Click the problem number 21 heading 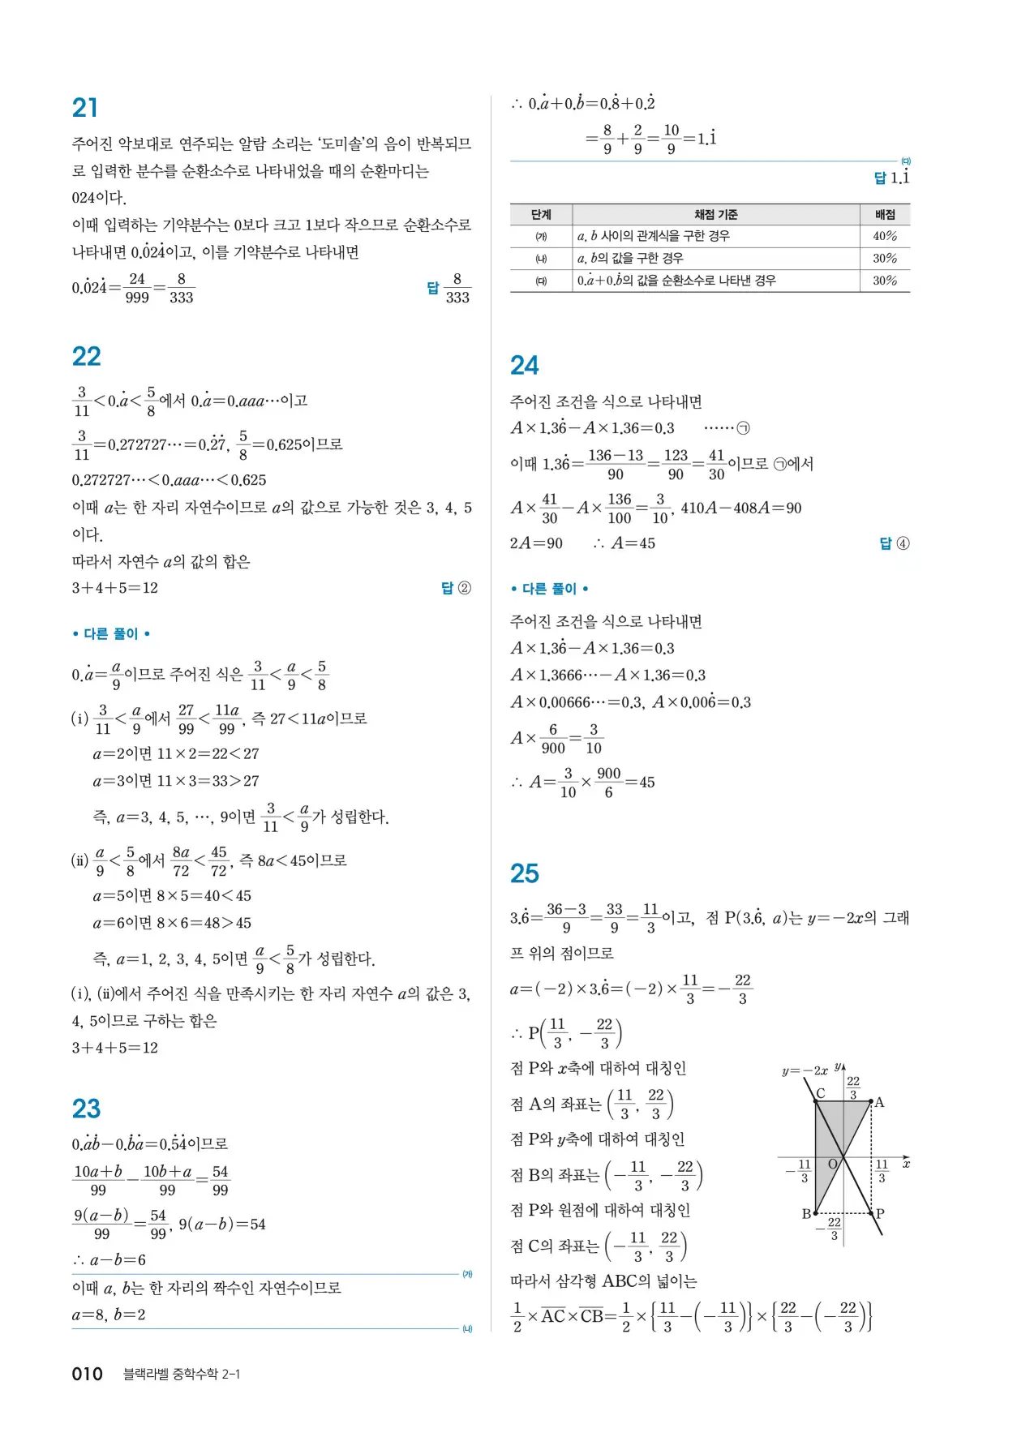click(x=85, y=108)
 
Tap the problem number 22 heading click(x=87, y=357)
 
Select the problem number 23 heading click(x=87, y=1109)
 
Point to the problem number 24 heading click(x=525, y=366)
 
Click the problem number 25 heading click(x=525, y=873)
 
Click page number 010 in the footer click(x=88, y=1374)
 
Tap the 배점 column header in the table click(x=885, y=215)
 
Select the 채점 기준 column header click(x=716, y=215)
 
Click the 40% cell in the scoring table click(x=885, y=236)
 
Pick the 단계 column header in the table click(x=541, y=215)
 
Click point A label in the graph click(x=879, y=1103)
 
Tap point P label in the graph click(x=880, y=1214)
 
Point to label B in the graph click(x=806, y=1214)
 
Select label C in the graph click(x=821, y=1094)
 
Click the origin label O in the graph click(x=832, y=1165)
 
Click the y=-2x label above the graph click(x=805, y=1070)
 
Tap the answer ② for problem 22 click(x=456, y=588)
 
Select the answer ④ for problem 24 click(x=895, y=543)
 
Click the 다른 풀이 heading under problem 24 click(x=549, y=589)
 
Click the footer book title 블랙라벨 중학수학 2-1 click(x=182, y=1374)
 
